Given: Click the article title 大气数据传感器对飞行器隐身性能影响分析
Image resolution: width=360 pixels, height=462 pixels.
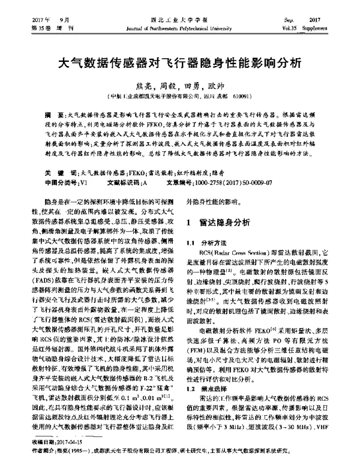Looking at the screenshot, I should (179, 62).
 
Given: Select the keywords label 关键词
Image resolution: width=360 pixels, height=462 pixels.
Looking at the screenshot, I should (59, 172).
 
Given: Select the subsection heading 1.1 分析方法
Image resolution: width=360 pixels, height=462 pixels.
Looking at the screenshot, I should (205, 242).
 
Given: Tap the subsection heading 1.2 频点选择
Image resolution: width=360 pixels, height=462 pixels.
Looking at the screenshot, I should (205, 389).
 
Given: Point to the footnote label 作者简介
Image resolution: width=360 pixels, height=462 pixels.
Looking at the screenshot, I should (38, 449).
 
